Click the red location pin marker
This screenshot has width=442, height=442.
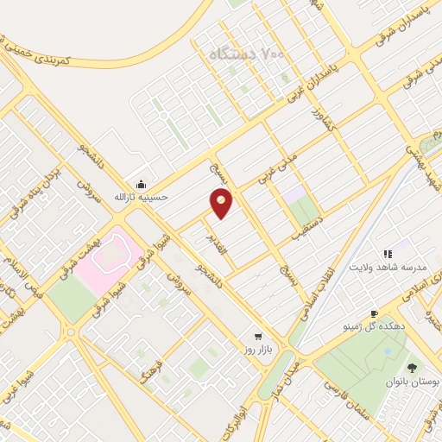222,202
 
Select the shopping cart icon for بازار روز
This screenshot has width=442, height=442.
256,336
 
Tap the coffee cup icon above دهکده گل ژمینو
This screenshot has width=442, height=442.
373,314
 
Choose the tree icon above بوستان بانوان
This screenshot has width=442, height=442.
411,368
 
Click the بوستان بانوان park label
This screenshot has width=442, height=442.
411,381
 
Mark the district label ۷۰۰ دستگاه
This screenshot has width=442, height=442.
250,54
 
